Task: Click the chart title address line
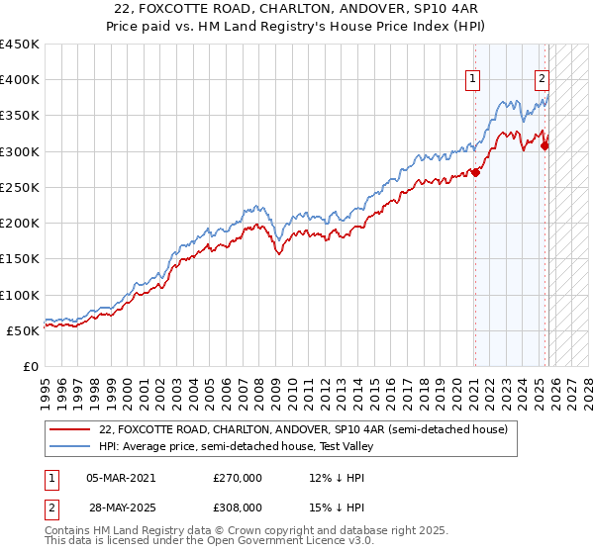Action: pyautogui.click(x=297, y=9)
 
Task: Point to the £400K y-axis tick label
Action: pyautogui.click(x=20, y=80)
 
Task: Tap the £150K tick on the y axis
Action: pyautogui.click(x=20, y=258)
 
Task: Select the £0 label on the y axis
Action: pyautogui.click(x=30, y=366)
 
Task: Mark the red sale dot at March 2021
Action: pyautogui.click(x=475, y=172)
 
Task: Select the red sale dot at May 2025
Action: pyautogui.click(x=544, y=145)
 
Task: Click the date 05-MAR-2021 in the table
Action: pyautogui.click(x=121, y=478)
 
